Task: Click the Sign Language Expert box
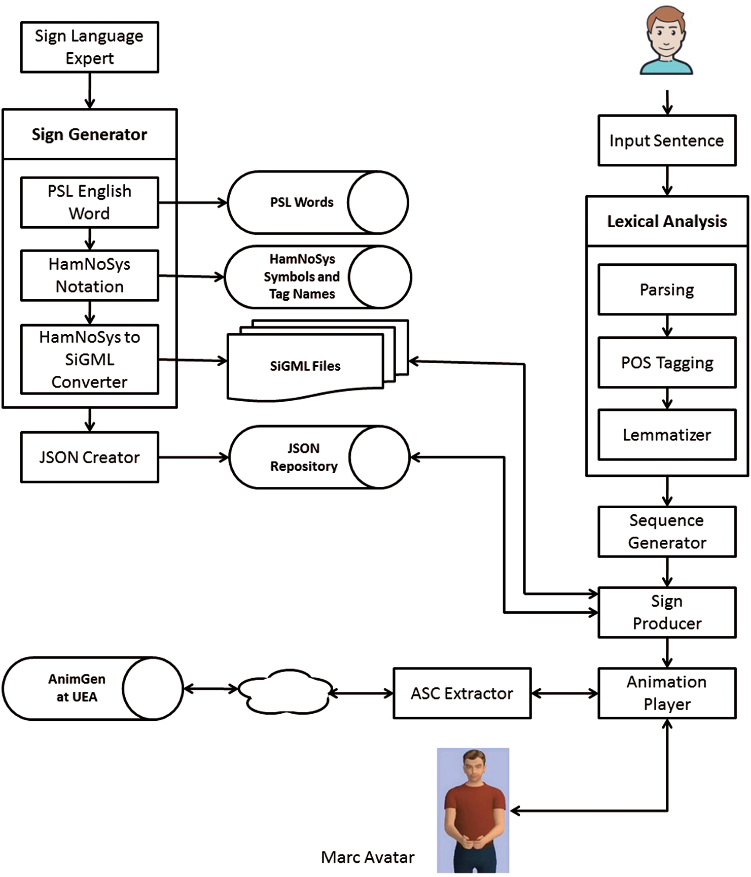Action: pos(89,47)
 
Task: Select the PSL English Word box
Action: pos(89,202)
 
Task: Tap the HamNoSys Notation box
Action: pos(89,275)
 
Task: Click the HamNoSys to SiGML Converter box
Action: pos(89,359)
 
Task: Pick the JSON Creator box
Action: pos(89,457)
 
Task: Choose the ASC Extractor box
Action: pos(461,693)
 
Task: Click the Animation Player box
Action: pos(666,693)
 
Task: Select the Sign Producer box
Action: pos(666,612)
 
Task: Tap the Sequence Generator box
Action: pos(666,532)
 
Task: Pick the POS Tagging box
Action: pos(666,363)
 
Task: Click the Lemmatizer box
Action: pos(666,435)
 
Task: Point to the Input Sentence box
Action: pos(666,141)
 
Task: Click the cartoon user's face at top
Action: pos(666,33)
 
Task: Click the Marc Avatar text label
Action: pos(368,857)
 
